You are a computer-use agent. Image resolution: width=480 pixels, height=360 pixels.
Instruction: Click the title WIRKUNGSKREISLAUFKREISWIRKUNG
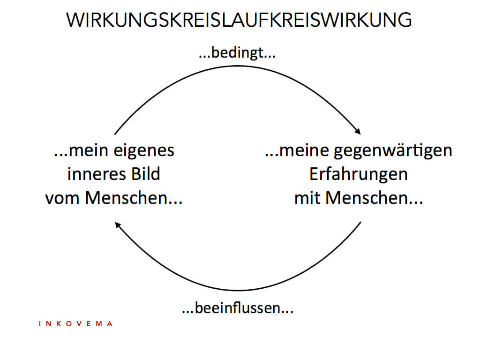point(239,20)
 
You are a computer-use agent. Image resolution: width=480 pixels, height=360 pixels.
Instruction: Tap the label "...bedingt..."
point(237,52)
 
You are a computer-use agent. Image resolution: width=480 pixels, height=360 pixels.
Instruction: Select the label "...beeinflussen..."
point(238,307)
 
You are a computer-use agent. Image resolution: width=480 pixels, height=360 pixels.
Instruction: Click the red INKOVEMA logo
point(76,324)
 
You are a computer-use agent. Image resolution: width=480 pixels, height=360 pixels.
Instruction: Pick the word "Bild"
point(146,174)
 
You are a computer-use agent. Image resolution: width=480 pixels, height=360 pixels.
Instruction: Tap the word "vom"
point(62,199)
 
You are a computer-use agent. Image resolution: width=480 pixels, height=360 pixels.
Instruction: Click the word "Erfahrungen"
point(359,175)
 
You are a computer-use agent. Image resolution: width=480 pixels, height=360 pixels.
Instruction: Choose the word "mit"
point(307,198)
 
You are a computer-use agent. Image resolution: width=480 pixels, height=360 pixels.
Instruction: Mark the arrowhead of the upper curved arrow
point(358,131)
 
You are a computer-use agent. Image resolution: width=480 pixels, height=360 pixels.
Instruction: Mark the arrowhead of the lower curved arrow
point(118,225)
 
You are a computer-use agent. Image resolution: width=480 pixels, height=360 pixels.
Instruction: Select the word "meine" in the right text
point(304,150)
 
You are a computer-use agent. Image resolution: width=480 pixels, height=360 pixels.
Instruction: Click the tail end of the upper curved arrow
point(115,134)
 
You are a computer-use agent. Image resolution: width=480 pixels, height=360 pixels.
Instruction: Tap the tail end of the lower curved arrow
point(361,222)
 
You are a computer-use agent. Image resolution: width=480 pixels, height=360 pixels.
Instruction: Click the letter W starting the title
point(74,21)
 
